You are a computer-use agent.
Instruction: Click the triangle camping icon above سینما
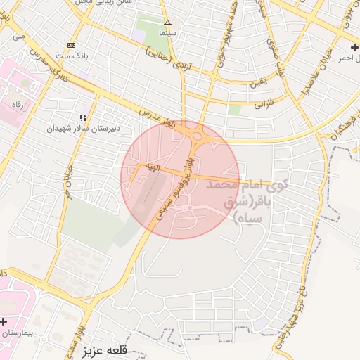[167, 22]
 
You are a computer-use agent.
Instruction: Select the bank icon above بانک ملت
[71, 46]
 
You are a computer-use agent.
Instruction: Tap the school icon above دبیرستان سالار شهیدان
[83, 117]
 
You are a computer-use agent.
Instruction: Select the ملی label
[18, 36]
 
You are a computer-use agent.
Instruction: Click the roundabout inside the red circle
[195, 136]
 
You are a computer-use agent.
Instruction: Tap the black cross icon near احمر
[354, 46]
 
